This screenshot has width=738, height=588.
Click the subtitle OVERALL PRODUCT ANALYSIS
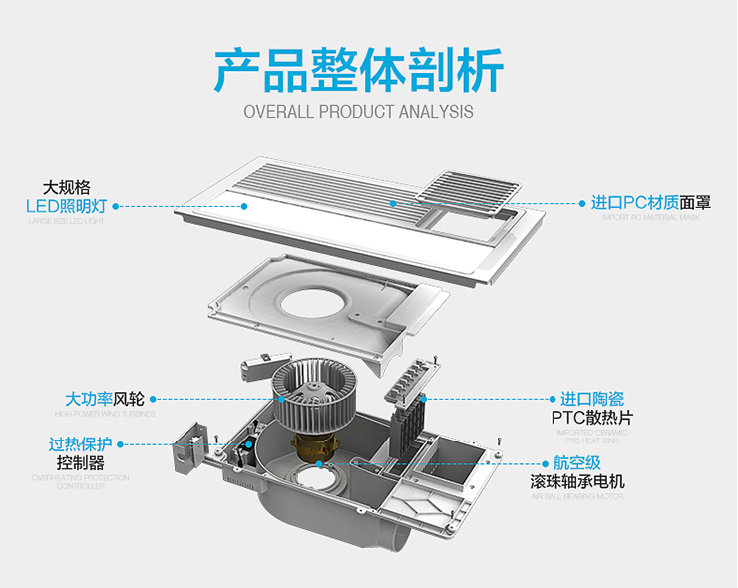click(358, 111)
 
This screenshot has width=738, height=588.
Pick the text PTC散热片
click(592, 417)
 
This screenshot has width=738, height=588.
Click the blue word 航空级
click(578, 463)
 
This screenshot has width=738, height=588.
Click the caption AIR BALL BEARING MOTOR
click(577, 495)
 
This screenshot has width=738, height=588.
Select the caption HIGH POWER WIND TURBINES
click(100, 413)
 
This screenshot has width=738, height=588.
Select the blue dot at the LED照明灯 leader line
click(116, 206)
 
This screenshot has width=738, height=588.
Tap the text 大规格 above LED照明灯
click(66, 186)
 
